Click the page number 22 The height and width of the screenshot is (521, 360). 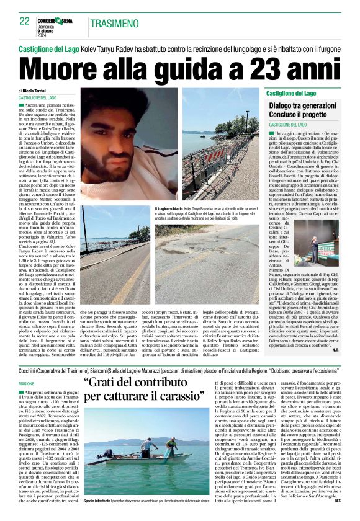pos(24,22)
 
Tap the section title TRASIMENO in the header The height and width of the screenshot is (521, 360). pos(114,24)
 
